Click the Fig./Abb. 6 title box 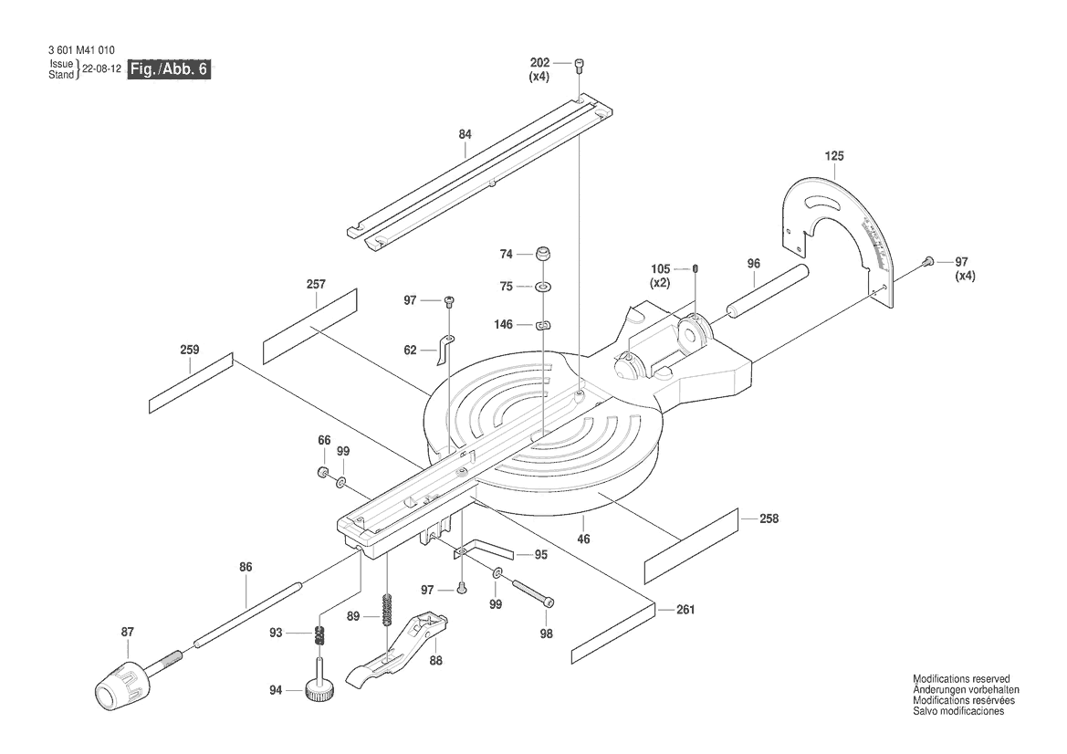click(170, 69)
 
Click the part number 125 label click(834, 156)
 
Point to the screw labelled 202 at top click(580, 64)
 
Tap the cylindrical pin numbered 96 click(767, 289)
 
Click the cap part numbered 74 click(543, 253)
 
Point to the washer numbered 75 click(543, 288)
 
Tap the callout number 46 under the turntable click(583, 539)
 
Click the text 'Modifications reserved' click(961, 680)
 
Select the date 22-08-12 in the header click(101, 69)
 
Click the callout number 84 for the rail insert click(466, 134)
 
